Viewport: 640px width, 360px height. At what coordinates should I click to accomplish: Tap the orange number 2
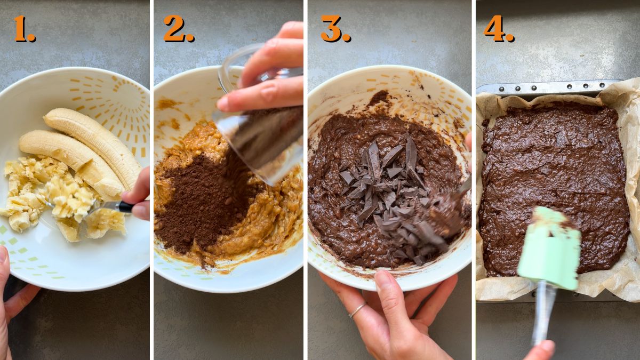(178, 29)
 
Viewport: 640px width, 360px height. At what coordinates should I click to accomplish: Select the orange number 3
(334, 29)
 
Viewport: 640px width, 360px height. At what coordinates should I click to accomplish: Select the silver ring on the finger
(357, 310)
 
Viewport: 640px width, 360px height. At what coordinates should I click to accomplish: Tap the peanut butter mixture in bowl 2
(261, 224)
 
